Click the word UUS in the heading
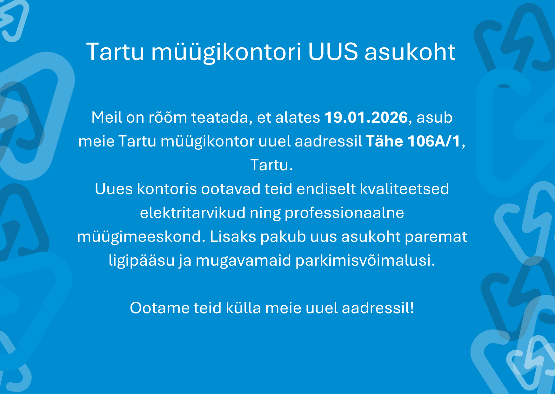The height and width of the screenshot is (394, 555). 333,52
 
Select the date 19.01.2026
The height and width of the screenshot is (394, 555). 366,117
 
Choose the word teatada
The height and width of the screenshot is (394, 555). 222,118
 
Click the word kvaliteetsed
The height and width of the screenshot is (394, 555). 405,189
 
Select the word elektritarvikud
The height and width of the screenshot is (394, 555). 193,213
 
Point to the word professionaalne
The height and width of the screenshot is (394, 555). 344,213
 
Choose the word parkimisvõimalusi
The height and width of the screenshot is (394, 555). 365,261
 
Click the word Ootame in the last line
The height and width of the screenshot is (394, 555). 160,308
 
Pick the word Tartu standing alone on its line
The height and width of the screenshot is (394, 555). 272,165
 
